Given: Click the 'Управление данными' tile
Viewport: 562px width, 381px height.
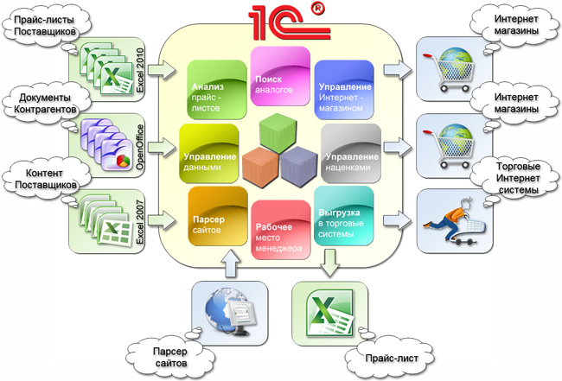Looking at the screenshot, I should pyautogui.click(x=209, y=153).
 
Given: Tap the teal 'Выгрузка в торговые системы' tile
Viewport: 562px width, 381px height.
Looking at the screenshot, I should pyautogui.click(x=344, y=216).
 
